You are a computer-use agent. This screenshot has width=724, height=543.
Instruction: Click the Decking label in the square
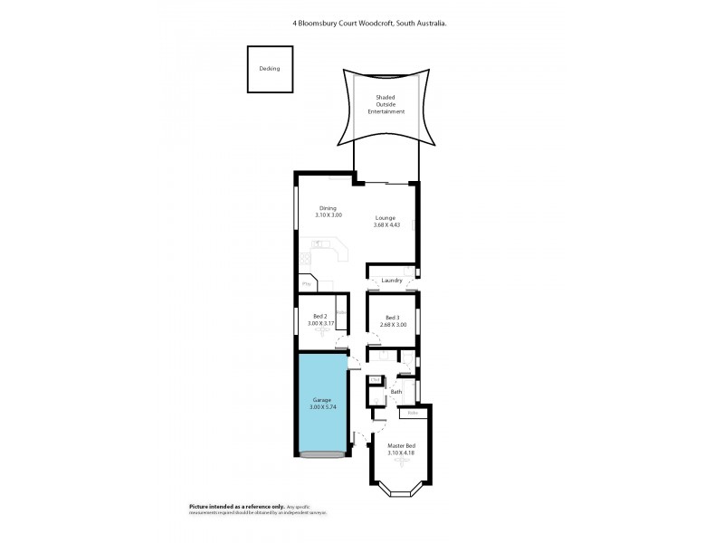coord(270,69)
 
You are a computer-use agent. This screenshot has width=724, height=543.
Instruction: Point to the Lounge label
coord(386,218)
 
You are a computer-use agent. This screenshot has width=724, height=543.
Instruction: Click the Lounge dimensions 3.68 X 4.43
coord(386,225)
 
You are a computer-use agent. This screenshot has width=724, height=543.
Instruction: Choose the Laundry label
coord(392,281)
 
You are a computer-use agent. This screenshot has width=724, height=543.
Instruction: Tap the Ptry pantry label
coord(306,284)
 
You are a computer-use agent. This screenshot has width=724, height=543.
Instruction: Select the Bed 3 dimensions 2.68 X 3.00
coord(392,324)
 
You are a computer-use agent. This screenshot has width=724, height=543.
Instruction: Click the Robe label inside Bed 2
coord(341,313)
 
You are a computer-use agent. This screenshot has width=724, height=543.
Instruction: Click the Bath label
coord(396,391)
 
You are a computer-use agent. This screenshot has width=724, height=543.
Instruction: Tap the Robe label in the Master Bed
coord(413,414)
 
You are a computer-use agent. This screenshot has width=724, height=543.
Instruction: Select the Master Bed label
coord(401,445)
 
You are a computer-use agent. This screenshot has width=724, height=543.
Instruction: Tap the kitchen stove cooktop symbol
coord(319,243)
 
